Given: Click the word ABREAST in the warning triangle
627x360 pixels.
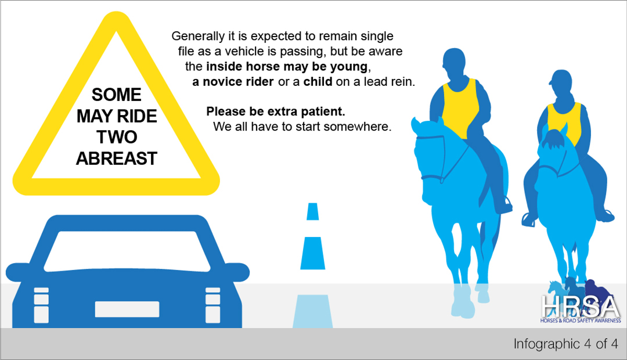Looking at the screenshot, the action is click(x=116, y=159).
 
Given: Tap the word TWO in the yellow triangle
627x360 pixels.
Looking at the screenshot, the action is click(x=117, y=137).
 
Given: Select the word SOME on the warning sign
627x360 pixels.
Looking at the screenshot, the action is click(x=116, y=95).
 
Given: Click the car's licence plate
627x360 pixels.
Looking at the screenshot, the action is click(x=127, y=309).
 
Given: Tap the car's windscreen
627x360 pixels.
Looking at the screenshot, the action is click(x=127, y=251).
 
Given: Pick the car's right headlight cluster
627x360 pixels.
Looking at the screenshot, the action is click(x=212, y=305).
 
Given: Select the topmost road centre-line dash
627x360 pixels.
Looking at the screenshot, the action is click(x=313, y=211).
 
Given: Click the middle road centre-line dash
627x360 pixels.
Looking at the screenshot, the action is click(x=313, y=253).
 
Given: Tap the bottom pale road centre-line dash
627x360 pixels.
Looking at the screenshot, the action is click(x=313, y=312).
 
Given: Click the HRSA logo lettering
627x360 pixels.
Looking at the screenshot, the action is click(x=581, y=307).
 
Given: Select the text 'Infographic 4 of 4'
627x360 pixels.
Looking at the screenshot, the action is click(x=566, y=344).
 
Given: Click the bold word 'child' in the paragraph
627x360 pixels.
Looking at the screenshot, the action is click(x=318, y=82).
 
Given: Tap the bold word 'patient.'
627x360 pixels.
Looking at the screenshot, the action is click(x=323, y=111).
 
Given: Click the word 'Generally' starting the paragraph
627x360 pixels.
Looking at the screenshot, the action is click(x=198, y=37).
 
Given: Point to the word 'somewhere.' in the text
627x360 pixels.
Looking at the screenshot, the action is click(x=358, y=127).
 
